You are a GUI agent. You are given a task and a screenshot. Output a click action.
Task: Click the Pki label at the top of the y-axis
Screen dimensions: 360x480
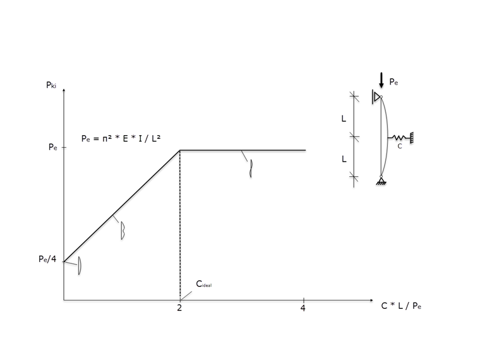51,86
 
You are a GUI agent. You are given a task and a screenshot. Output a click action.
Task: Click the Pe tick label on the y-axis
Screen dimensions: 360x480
52,147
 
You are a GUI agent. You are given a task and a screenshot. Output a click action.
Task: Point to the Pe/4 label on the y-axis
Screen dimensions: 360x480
47,259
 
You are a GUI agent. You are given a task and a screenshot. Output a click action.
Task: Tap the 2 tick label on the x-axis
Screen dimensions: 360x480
179,308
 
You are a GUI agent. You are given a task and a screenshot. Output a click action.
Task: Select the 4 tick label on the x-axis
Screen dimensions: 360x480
304,308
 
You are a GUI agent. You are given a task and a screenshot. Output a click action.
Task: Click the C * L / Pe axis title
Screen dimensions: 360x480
401,306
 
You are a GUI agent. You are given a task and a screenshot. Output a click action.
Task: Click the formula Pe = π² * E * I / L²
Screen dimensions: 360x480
121,138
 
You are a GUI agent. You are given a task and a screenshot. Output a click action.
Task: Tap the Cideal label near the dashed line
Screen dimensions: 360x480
203,285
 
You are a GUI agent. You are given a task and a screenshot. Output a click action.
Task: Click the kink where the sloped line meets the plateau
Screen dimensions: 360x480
180,150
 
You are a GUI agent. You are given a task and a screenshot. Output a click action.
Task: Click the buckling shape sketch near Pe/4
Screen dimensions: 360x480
80,266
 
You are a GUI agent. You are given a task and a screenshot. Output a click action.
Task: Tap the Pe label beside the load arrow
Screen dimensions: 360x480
393,82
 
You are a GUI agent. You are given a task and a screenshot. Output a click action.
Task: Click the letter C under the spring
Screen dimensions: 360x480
399,147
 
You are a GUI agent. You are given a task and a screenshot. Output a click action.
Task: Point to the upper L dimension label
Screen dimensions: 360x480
344,118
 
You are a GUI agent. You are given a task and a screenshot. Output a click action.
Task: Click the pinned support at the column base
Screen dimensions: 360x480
381,181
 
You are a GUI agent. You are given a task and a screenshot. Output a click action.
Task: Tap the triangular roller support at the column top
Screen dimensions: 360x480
377,97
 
